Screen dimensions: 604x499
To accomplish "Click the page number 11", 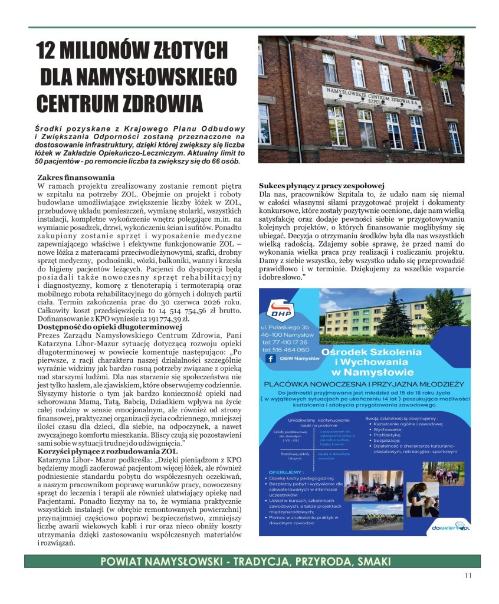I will [468, 576].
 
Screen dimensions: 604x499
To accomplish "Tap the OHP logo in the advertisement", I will [281, 310].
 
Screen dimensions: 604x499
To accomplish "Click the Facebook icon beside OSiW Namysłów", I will [271, 358].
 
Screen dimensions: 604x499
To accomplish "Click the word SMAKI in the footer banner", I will [367, 562].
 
